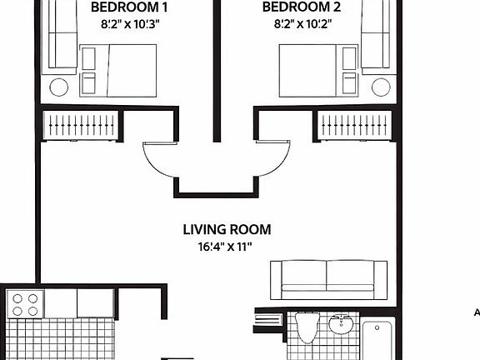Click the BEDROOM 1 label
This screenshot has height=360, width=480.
(x=123, y=8)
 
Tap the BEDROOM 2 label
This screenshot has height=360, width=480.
(x=302, y=8)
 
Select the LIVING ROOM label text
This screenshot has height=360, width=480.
(x=227, y=229)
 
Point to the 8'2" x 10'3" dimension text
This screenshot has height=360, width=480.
(x=123, y=25)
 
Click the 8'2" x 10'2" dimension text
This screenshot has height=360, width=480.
(x=302, y=25)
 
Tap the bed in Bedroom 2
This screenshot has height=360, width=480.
(x=308, y=69)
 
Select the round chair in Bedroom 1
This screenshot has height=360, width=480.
(x=59, y=87)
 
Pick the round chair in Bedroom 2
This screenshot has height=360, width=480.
(x=382, y=87)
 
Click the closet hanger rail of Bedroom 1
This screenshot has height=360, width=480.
(x=80, y=125)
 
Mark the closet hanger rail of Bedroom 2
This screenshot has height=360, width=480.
(x=356, y=125)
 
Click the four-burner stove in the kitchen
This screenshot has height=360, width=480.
(x=26, y=303)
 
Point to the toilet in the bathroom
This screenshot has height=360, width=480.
(x=306, y=328)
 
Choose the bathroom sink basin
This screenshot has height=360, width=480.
(x=342, y=324)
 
